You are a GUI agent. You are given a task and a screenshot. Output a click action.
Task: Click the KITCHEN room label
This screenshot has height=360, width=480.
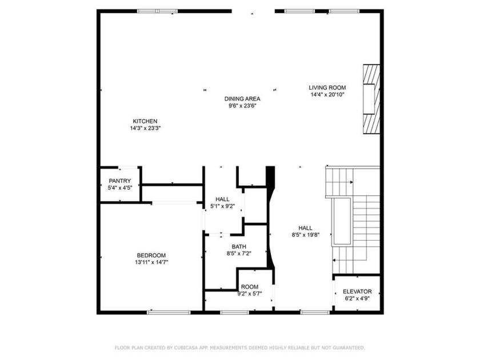(x=145, y=121)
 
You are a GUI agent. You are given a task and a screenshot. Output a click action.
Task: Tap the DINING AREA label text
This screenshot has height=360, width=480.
(x=242, y=99)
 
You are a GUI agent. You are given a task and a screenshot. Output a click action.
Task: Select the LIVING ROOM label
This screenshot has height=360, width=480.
(x=327, y=87)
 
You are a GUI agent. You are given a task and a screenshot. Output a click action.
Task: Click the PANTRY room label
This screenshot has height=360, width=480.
(x=120, y=181)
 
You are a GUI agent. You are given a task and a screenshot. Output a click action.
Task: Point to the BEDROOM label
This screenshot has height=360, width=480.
(x=151, y=255)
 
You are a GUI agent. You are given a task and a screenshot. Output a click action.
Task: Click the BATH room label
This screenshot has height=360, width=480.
(x=239, y=247)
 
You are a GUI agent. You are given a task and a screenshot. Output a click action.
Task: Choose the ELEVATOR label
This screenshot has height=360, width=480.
(x=357, y=291)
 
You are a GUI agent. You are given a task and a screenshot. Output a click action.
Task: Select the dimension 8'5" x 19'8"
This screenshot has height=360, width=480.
(x=306, y=234)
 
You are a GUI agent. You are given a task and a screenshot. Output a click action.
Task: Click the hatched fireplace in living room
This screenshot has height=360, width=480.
(x=371, y=98)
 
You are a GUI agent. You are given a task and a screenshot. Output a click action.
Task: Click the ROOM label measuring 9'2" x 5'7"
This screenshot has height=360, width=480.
(x=249, y=287)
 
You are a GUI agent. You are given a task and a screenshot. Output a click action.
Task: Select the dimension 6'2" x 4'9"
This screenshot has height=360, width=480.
(x=357, y=298)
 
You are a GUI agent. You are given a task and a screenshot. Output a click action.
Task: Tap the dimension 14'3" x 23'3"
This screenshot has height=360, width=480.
(x=145, y=128)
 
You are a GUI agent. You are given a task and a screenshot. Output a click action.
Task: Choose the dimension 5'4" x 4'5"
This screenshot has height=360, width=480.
(x=120, y=188)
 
